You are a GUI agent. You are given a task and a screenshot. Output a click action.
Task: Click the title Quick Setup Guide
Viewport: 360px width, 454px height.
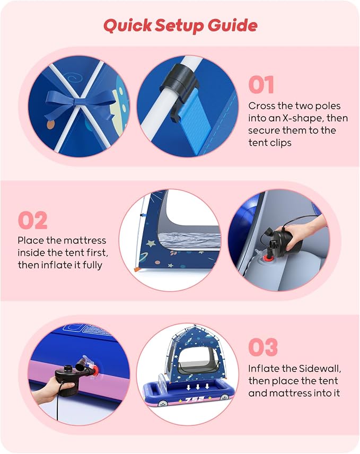[x=180, y=25]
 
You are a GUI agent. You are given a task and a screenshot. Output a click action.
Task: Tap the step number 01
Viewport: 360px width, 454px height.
[x=261, y=85]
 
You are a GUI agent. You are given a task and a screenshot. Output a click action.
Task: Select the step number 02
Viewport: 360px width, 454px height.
[x=32, y=220]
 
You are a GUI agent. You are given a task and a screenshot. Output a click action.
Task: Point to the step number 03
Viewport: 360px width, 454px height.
[x=263, y=347]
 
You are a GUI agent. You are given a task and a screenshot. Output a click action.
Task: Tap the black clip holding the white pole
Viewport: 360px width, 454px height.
[x=179, y=83]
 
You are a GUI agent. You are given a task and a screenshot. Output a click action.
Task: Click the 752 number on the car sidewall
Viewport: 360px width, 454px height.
[x=195, y=399]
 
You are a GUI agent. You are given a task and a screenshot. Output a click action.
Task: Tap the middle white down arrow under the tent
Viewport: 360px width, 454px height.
[x=198, y=387]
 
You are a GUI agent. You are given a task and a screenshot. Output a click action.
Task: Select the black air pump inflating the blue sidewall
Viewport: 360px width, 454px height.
[x=72, y=374]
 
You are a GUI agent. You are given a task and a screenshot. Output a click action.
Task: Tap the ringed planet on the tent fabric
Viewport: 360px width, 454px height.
[x=143, y=257]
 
